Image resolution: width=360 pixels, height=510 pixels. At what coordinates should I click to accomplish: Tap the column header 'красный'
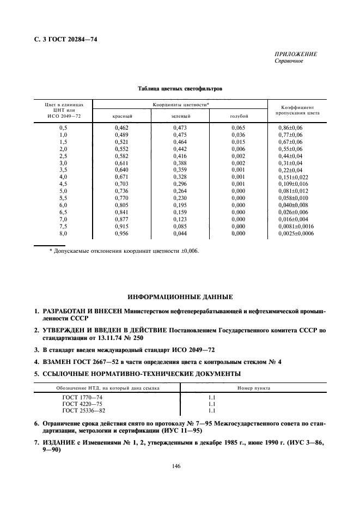coord(123,116)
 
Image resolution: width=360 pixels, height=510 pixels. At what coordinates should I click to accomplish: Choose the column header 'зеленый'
coord(180,116)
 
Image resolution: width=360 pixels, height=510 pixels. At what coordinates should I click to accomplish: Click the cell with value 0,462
coord(121,127)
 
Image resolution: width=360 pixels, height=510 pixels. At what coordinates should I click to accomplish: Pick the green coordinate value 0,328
coord(180,177)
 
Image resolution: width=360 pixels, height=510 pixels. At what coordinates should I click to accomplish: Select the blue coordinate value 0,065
coord(238,127)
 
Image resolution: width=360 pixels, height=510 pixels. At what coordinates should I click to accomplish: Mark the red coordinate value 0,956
coord(121,233)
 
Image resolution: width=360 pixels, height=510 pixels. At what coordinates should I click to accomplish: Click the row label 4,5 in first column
coord(63,184)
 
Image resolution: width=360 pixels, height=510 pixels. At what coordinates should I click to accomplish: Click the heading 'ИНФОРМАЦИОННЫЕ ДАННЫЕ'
coord(180,297)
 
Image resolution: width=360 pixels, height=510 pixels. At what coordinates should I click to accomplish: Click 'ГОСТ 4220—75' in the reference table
coord(82,404)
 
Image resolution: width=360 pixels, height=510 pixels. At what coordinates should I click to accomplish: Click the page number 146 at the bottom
coord(176,466)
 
